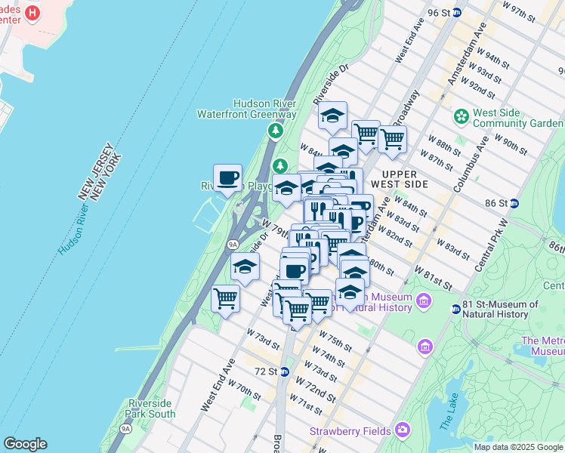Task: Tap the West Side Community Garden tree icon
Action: coord(460,116)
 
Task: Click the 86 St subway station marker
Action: coord(514,203)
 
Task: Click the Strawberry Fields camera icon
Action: coord(403,430)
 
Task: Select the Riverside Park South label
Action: coord(152,408)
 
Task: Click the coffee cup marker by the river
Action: coord(227,179)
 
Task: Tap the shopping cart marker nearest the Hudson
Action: coord(226,299)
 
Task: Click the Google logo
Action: coord(25,444)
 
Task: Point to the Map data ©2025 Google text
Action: coord(518,447)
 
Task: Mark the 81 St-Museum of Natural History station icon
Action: coord(456,308)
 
